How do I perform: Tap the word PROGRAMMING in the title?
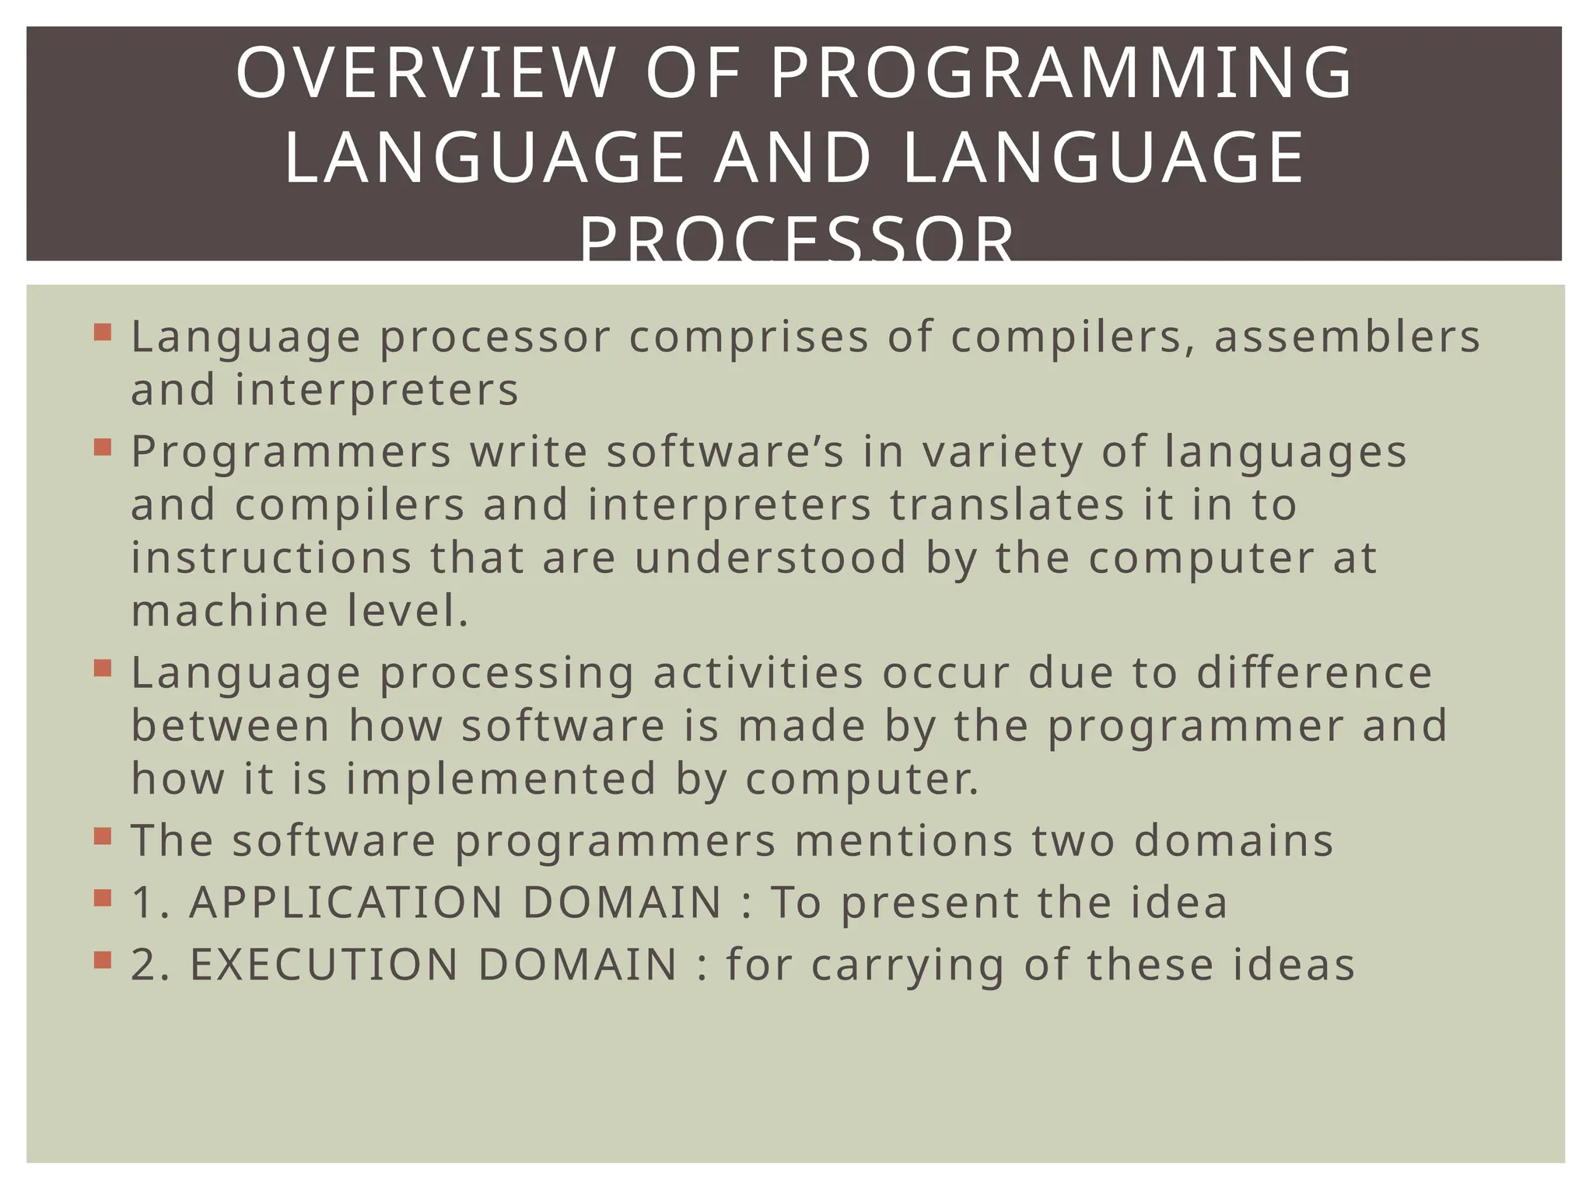(x=1062, y=73)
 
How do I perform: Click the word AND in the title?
(x=794, y=159)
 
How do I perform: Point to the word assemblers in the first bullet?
(x=1347, y=337)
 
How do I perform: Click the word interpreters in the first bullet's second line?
(x=377, y=390)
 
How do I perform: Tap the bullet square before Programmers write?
(x=103, y=448)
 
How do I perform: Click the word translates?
(x=1007, y=505)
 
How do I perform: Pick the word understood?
(x=771, y=558)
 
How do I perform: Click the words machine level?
(x=300, y=611)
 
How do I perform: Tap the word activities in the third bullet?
(x=758, y=673)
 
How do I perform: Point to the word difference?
(x=1314, y=673)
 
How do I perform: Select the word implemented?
(x=502, y=779)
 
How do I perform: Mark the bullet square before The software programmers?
(x=103, y=836)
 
